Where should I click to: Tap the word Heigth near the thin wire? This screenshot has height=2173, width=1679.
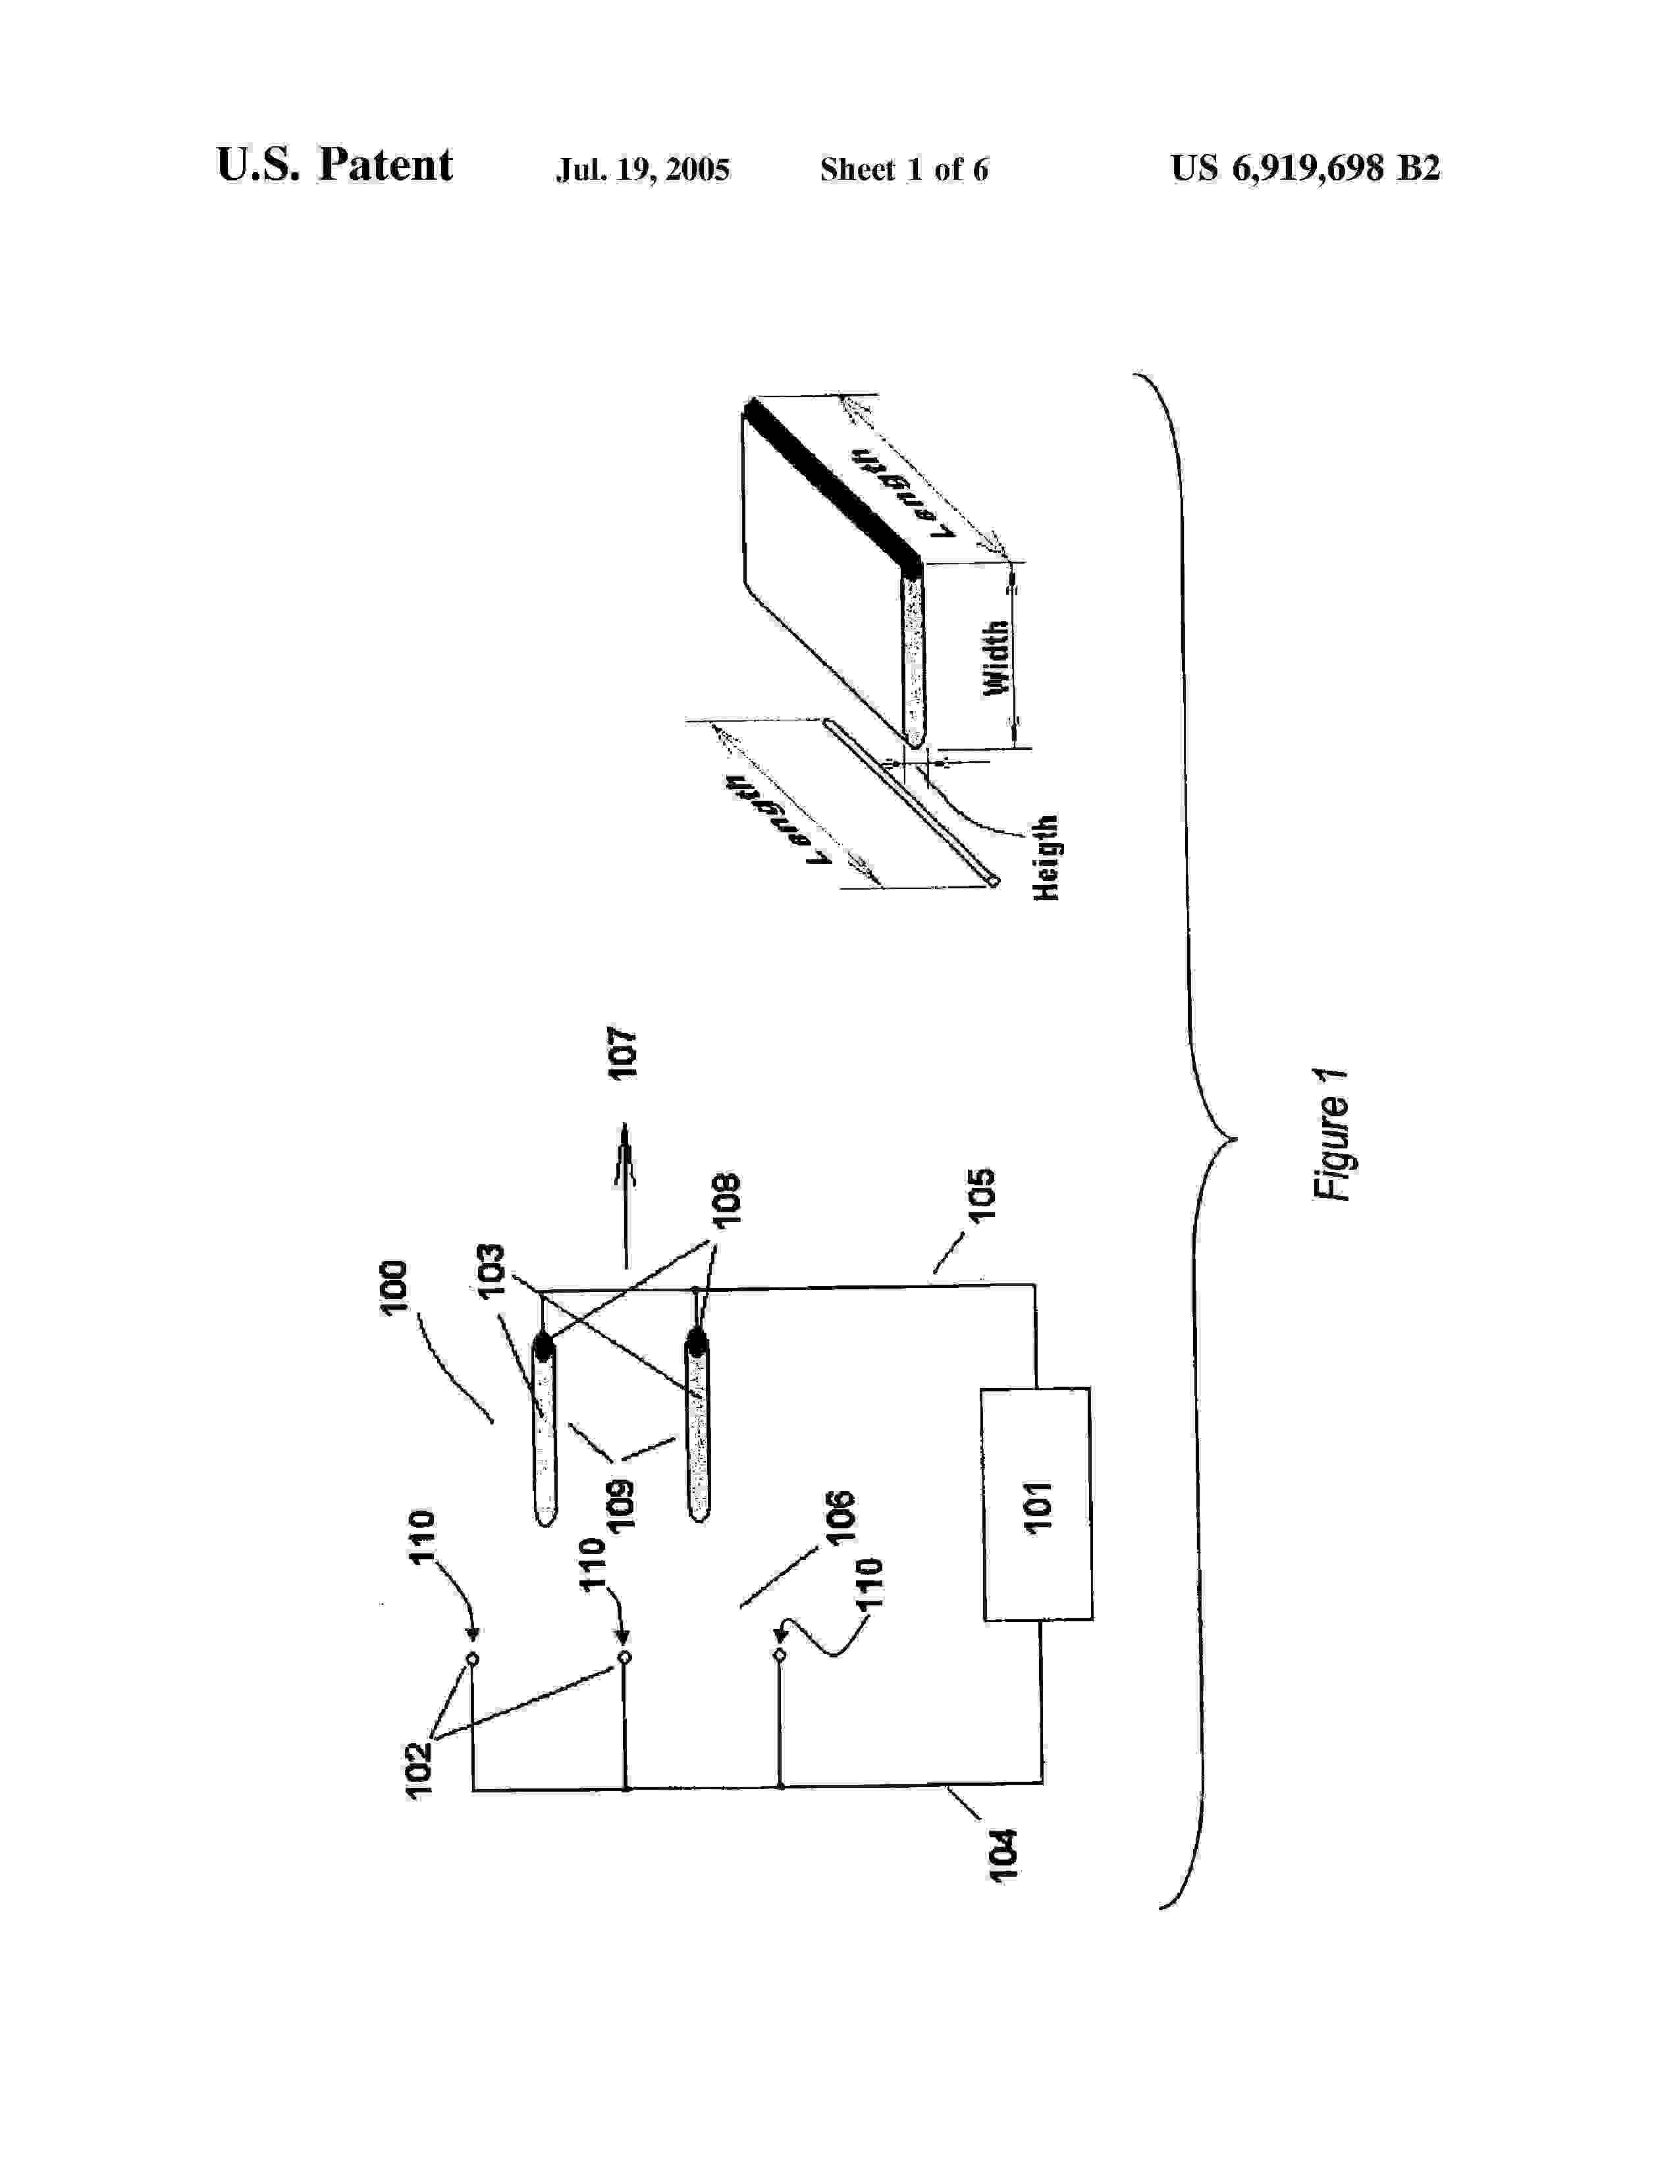(x=1046, y=857)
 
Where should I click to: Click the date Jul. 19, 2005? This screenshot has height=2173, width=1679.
(x=643, y=170)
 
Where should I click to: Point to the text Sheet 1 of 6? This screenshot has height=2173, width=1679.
(x=903, y=170)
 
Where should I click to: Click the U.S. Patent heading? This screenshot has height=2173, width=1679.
(x=334, y=165)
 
